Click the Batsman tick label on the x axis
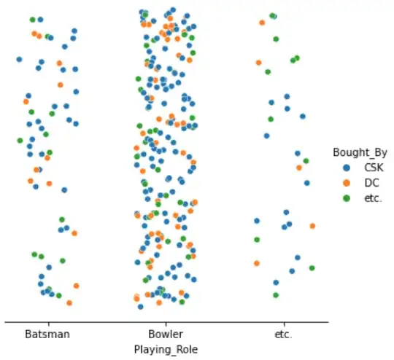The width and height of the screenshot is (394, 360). click(x=47, y=334)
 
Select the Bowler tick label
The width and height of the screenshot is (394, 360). click(x=165, y=334)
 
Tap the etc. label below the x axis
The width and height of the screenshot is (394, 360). click(x=283, y=334)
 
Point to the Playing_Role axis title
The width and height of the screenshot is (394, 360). click(x=166, y=350)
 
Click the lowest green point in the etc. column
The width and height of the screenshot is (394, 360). click(x=276, y=295)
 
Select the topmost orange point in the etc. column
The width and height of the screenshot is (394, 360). click(x=262, y=23)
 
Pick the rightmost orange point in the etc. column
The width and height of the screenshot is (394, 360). click(x=312, y=226)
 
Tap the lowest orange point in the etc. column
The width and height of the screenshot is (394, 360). click(x=257, y=263)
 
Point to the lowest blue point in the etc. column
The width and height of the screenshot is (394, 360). click(x=276, y=282)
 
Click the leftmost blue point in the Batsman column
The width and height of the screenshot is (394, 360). click(x=19, y=59)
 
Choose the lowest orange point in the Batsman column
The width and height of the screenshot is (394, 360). click(x=69, y=302)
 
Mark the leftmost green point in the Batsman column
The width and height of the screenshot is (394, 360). click(x=20, y=141)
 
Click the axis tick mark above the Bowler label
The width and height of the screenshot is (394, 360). click(x=165, y=323)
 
